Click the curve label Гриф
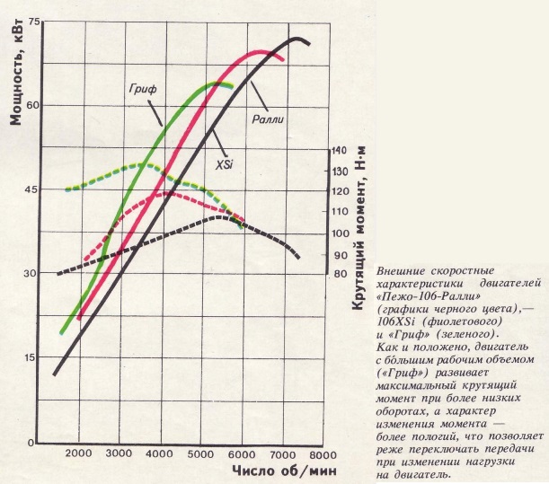pos(142,88)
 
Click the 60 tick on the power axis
pos(35,104)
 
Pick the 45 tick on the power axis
pos(35,189)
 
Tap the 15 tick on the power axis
pos(35,358)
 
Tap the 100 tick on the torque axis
pos(340,233)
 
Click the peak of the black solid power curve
pos(296,39)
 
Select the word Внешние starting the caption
pos(401,272)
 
